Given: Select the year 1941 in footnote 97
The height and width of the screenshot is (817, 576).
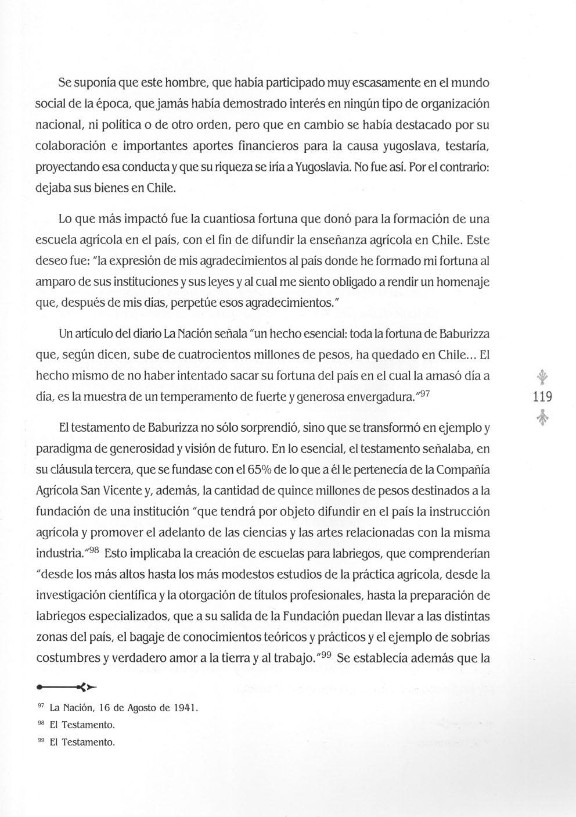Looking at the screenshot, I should click(x=186, y=708).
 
